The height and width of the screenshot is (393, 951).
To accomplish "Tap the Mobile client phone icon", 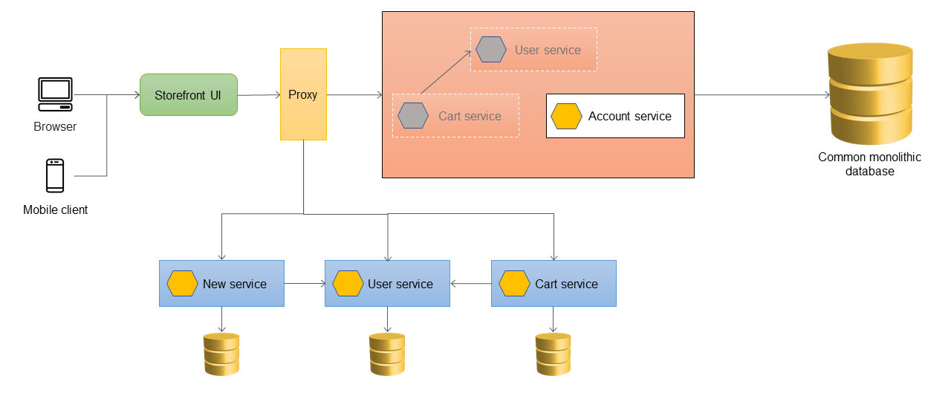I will click(x=55, y=176).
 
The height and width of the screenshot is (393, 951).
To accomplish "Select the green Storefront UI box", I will click(x=188, y=94).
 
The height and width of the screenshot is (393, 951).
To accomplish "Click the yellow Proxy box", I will click(x=303, y=94).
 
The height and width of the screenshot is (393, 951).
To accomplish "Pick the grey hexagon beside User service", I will click(x=491, y=50).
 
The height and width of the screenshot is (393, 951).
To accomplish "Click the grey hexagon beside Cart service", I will click(x=413, y=116).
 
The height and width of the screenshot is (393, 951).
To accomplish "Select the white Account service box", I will click(x=615, y=116).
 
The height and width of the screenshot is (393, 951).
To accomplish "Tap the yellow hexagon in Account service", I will click(x=566, y=117).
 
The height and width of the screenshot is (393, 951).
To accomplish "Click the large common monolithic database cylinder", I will click(x=869, y=94).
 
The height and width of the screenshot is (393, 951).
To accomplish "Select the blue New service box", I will click(x=221, y=283).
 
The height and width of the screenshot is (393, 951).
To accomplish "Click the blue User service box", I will click(x=387, y=283).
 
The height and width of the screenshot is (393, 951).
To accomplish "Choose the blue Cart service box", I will click(x=554, y=283).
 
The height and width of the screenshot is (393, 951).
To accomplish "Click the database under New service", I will click(x=221, y=354).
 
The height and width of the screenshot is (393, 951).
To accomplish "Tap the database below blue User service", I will click(x=387, y=354).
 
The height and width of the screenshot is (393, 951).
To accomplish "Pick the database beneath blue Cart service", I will click(x=554, y=354).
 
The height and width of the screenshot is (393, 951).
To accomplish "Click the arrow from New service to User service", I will click(x=305, y=283).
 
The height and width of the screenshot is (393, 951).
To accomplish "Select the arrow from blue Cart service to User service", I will click(x=471, y=283).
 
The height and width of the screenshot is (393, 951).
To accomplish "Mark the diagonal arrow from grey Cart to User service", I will click(x=446, y=72).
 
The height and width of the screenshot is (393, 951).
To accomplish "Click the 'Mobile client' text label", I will click(x=55, y=210).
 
